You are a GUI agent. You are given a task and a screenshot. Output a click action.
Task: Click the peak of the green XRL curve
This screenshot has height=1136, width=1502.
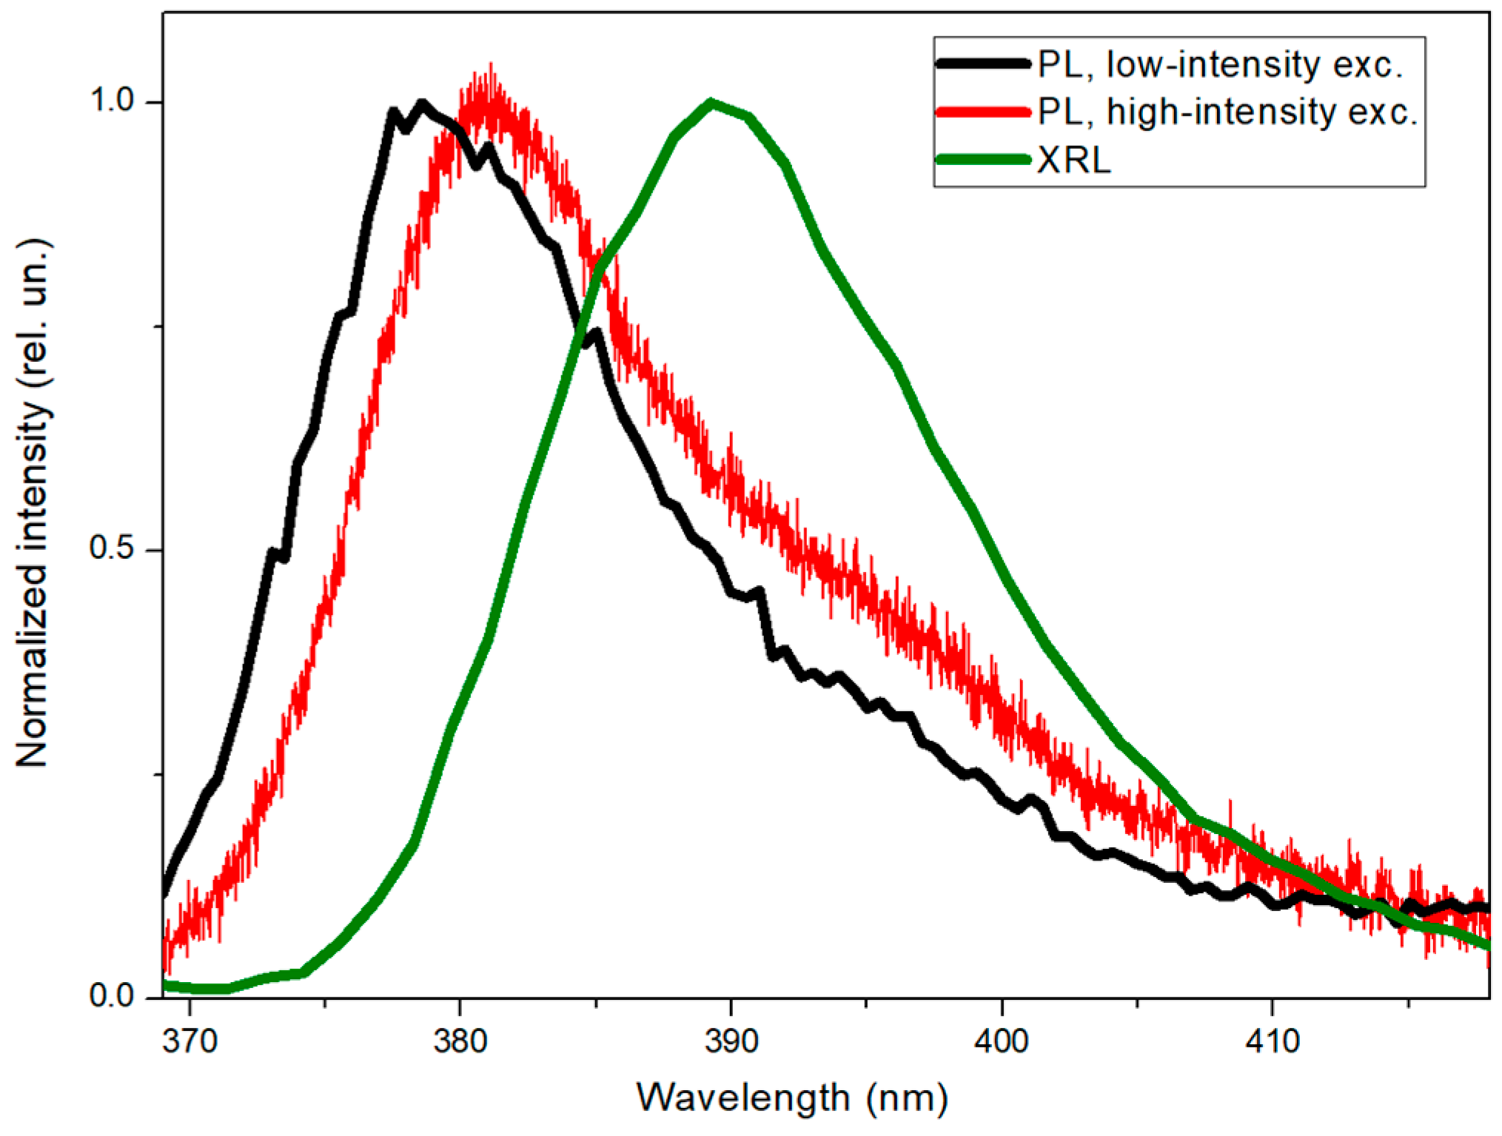tap(711, 103)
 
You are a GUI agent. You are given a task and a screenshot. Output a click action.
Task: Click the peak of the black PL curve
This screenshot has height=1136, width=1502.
tap(422, 103)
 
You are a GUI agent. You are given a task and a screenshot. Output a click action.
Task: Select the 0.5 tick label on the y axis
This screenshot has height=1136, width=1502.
tap(111, 548)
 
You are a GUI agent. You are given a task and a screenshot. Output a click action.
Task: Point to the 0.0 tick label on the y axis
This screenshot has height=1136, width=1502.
tap(111, 995)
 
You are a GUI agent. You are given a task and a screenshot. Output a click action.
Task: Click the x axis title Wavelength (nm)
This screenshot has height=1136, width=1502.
tap(792, 1098)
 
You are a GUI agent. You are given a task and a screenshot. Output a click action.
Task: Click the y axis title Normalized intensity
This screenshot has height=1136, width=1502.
tap(33, 503)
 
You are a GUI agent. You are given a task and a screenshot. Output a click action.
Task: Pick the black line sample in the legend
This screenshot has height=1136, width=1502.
tap(983, 64)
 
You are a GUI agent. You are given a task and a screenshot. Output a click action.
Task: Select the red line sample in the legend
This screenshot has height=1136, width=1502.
tap(983, 112)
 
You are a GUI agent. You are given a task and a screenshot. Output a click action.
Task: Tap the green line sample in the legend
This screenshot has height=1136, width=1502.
tap(983, 159)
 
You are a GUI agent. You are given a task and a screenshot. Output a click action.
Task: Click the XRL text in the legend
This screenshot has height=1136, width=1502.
tap(1073, 160)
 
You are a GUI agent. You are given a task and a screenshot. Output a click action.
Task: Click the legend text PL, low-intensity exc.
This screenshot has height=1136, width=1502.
tap(1220, 64)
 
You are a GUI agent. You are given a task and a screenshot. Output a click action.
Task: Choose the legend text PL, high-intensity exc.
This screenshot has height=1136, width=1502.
tap(1227, 112)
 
